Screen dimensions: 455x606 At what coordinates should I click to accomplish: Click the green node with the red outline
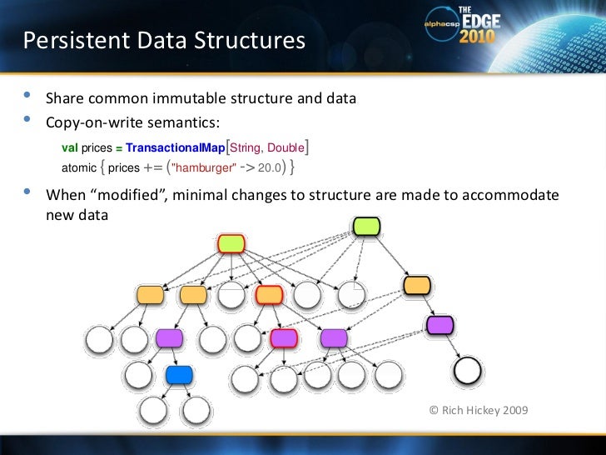pyautogui.click(x=231, y=243)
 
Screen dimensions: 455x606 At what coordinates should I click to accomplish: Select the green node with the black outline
pyautogui.click(x=366, y=225)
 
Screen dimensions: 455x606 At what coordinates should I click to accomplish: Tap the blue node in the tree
pyautogui.click(x=179, y=375)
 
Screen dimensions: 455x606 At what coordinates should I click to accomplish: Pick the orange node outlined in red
pyautogui.click(x=269, y=294)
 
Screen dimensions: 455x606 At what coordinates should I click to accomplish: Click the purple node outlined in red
pyautogui.click(x=284, y=337)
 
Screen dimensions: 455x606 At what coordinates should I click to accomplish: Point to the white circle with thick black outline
pyautogui.click(x=469, y=368)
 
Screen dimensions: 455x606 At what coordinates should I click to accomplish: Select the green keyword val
pyautogui.click(x=70, y=148)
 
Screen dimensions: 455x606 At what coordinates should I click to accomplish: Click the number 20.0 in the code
pyautogui.click(x=268, y=167)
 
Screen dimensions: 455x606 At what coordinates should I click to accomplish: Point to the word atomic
pyautogui.click(x=79, y=167)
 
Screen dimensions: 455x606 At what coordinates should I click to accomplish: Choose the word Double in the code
pyautogui.click(x=286, y=148)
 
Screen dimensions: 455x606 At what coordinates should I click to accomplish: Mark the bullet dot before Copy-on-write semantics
pyautogui.click(x=27, y=122)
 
